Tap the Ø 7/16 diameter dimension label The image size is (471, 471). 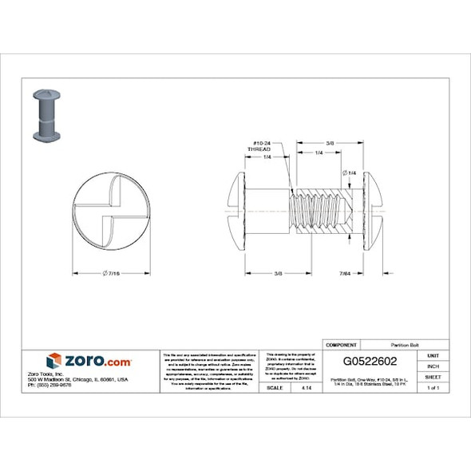click(111, 274)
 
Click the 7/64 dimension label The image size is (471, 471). click(346, 274)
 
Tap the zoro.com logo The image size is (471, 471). click(89, 361)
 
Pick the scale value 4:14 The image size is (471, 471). click(307, 387)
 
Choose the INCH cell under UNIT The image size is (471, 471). click(433, 366)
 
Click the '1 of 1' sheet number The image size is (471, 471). click(433, 387)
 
